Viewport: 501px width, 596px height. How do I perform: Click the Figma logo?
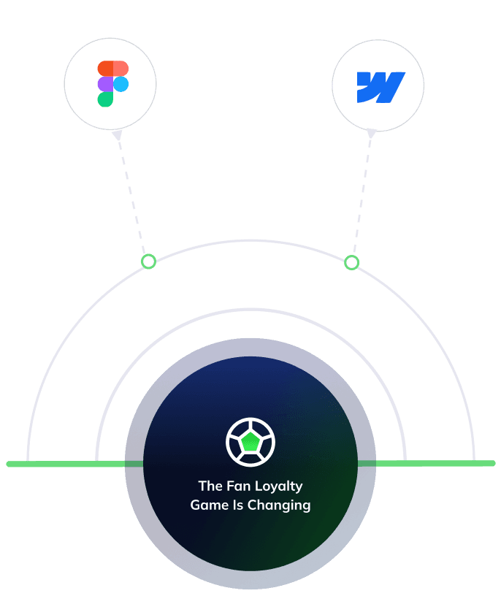click(x=112, y=84)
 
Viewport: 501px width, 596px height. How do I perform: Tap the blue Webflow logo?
click(x=380, y=87)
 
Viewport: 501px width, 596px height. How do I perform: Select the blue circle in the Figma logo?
click(x=121, y=84)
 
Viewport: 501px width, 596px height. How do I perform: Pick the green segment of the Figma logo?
click(x=105, y=99)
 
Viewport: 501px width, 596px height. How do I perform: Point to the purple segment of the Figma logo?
click(x=105, y=84)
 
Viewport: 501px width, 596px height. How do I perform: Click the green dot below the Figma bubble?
click(x=148, y=261)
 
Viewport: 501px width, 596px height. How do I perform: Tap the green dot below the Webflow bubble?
click(x=351, y=262)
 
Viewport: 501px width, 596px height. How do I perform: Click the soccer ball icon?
click(x=250, y=442)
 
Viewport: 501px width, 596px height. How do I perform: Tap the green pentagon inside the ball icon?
click(x=250, y=442)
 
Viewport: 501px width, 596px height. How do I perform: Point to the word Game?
click(x=206, y=505)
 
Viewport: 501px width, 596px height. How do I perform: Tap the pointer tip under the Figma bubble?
click(x=116, y=135)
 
